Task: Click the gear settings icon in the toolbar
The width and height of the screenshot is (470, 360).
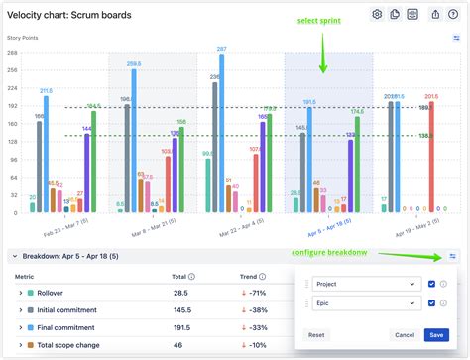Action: [377, 14]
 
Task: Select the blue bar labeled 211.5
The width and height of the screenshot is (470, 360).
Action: [47, 154]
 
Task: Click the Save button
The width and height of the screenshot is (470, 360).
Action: [434, 335]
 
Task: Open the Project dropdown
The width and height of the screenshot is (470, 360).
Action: [364, 284]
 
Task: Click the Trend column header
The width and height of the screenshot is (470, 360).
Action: [250, 277]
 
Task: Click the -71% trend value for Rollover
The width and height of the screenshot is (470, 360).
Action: [256, 293]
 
